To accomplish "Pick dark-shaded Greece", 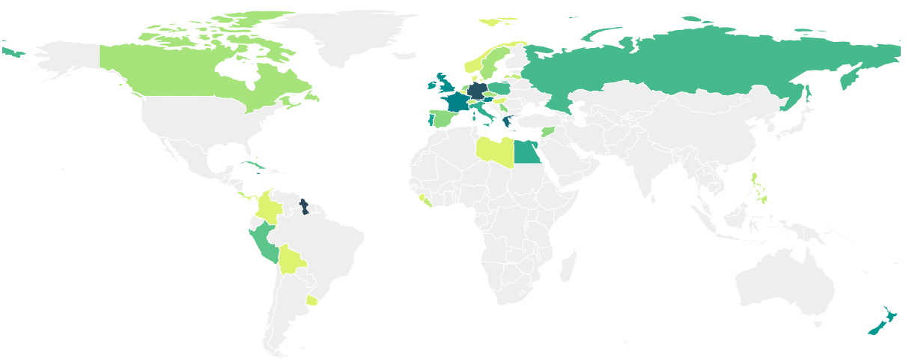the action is [x=508, y=121].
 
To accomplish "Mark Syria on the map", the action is [x=548, y=132].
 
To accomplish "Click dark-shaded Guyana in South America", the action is [x=304, y=206].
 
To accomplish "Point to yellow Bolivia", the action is [x=291, y=260].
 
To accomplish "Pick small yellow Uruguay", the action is [x=311, y=301].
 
